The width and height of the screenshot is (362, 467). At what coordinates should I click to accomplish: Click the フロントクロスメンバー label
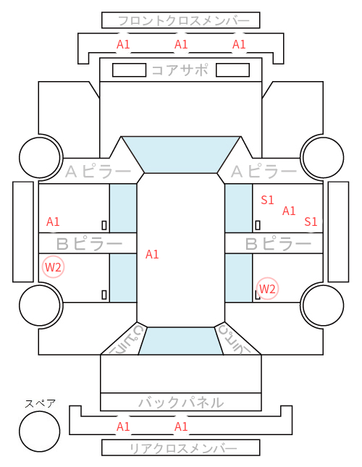pos(183,21)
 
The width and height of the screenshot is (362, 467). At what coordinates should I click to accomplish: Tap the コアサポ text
pos(180,70)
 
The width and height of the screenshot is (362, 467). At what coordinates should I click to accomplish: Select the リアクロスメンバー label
pos(183,448)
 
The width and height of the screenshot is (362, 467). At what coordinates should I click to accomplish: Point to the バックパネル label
pos(181,403)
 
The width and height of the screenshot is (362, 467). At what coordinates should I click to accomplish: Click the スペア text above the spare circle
pos(40,403)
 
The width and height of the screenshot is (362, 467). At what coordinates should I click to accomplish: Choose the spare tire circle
pos(40,431)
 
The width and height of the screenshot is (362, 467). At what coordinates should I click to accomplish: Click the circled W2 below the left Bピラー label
pos(53,267)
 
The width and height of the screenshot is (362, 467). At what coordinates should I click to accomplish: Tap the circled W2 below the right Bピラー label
pos(267,288)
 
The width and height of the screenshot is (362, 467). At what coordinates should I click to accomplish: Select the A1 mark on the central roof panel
pos(152,254)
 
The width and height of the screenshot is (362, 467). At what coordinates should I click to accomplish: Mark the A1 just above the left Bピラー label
pos(53,222)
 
